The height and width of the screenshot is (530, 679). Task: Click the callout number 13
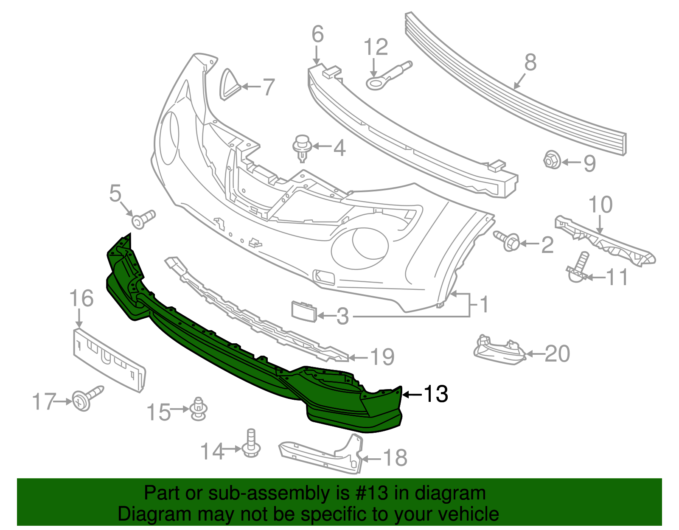point(436,394)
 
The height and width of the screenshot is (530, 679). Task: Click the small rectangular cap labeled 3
point(303,312)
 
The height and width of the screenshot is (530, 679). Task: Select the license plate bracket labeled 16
point(109,359)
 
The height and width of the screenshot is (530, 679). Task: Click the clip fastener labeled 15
point(198,409)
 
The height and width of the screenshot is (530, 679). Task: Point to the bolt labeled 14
point(251,445)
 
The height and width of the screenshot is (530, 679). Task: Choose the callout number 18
point(395,458)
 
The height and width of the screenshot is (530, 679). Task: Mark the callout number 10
point(600,205)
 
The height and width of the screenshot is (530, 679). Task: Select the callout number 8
point(530,62)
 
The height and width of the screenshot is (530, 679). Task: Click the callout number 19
point(382,357)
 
